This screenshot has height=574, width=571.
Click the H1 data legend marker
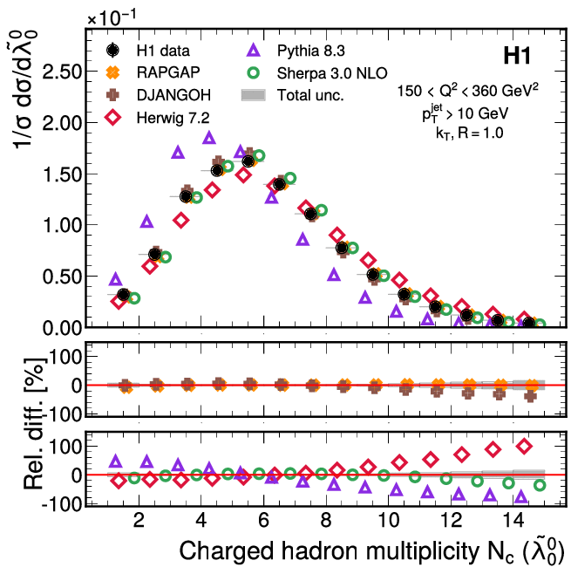(112, 50)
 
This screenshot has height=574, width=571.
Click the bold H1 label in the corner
(521, 58)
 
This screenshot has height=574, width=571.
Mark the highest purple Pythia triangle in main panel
(209, 137)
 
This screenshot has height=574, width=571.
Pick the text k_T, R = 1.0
(479, 133)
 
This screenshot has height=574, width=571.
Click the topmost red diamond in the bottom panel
(524, 446)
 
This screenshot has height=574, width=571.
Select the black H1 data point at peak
(248, 161)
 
